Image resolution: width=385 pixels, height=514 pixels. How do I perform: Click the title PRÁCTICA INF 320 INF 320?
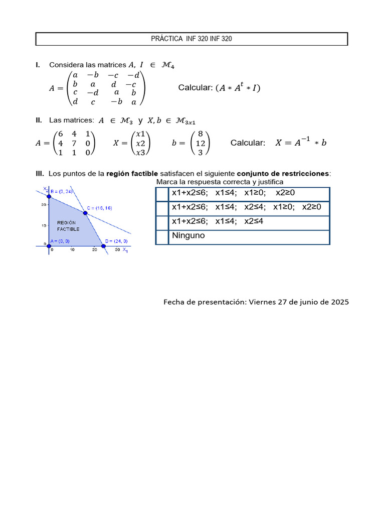click(191, 39)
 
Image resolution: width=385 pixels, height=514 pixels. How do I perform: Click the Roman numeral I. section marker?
click(38, 65)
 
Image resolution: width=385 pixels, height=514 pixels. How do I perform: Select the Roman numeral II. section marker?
click(39, 120)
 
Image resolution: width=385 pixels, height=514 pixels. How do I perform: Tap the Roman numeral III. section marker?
click(40, 174)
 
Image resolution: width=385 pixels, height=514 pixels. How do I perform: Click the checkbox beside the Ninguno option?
click(162, 237)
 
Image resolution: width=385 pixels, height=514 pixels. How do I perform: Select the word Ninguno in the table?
click(188, 235)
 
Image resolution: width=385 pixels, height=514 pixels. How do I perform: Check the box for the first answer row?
click(162, 194)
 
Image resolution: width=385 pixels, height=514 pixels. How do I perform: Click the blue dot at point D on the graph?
click(103, 245)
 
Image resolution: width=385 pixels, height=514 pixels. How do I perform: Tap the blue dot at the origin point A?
click(49, 245)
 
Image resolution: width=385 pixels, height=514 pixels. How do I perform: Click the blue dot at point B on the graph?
click(49, 196)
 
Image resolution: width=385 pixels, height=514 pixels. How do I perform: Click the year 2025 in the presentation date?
click(339, 302)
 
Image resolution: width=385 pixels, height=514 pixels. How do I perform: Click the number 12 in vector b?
click(201, 143)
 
